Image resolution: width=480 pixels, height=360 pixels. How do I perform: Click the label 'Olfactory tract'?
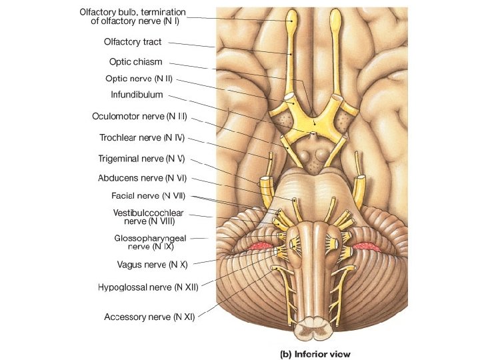point(133,42)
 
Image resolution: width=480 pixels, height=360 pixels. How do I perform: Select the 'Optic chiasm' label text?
point(135,62)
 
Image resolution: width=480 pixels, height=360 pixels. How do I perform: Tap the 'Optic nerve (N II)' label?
point(139,79)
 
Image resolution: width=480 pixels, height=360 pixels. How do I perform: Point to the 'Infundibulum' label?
point(137,95)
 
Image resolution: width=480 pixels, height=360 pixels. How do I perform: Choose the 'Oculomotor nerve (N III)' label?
point(139,117)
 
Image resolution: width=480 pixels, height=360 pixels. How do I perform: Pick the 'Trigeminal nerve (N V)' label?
point(141,159)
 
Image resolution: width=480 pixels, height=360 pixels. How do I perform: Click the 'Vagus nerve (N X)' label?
point(152,264)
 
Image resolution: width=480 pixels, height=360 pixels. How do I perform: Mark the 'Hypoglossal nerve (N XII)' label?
point(147,287)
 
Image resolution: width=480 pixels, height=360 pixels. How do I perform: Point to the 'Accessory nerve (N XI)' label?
point(149,317)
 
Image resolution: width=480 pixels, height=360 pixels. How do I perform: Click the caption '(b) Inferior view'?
point(314,354)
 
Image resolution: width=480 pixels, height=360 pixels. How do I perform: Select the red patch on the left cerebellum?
point(262,247)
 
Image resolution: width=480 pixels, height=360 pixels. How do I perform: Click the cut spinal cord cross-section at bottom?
point(313,329)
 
